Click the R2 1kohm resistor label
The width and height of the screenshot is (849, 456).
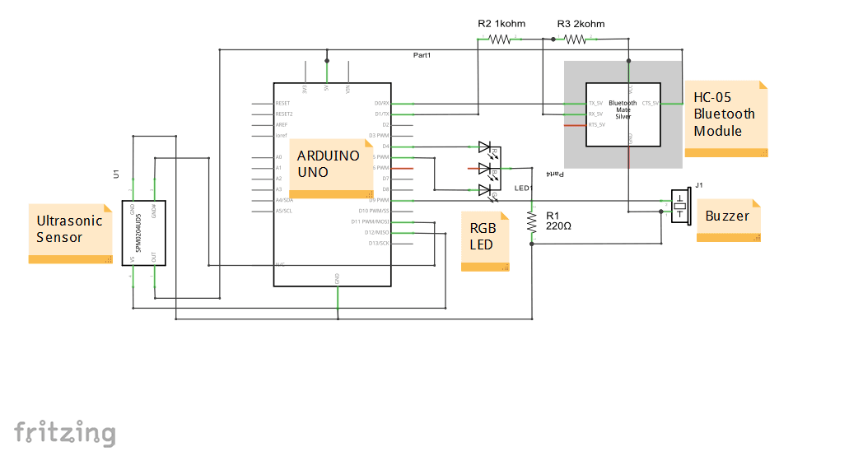tap(501, 24)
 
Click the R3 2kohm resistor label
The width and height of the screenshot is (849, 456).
tap(581, 24)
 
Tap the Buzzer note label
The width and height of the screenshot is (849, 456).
tap(727, 216)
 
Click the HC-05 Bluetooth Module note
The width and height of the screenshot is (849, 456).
tap(725, 115)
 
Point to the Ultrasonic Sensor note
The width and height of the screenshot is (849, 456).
tap(70, 230)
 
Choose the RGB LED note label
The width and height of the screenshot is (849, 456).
tap(483, 237)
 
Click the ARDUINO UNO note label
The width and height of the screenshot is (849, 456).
tap(328, 165)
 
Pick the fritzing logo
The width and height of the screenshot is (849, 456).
tap(64, 433)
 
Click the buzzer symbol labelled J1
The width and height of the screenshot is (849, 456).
tap(679, 206)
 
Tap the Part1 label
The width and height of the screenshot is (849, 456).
tap(422, 54)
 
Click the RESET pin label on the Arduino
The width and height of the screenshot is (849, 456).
tap(283, 104)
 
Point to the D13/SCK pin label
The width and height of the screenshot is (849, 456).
tap(379, 243)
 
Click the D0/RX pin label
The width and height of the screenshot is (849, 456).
tap(381, 104)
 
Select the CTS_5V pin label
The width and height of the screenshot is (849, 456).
tap(650, 104)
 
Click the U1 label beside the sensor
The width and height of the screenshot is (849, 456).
tap(116, 174)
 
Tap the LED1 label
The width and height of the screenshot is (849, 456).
tap(524, 188)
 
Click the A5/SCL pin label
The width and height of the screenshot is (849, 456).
tap(283, 211)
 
